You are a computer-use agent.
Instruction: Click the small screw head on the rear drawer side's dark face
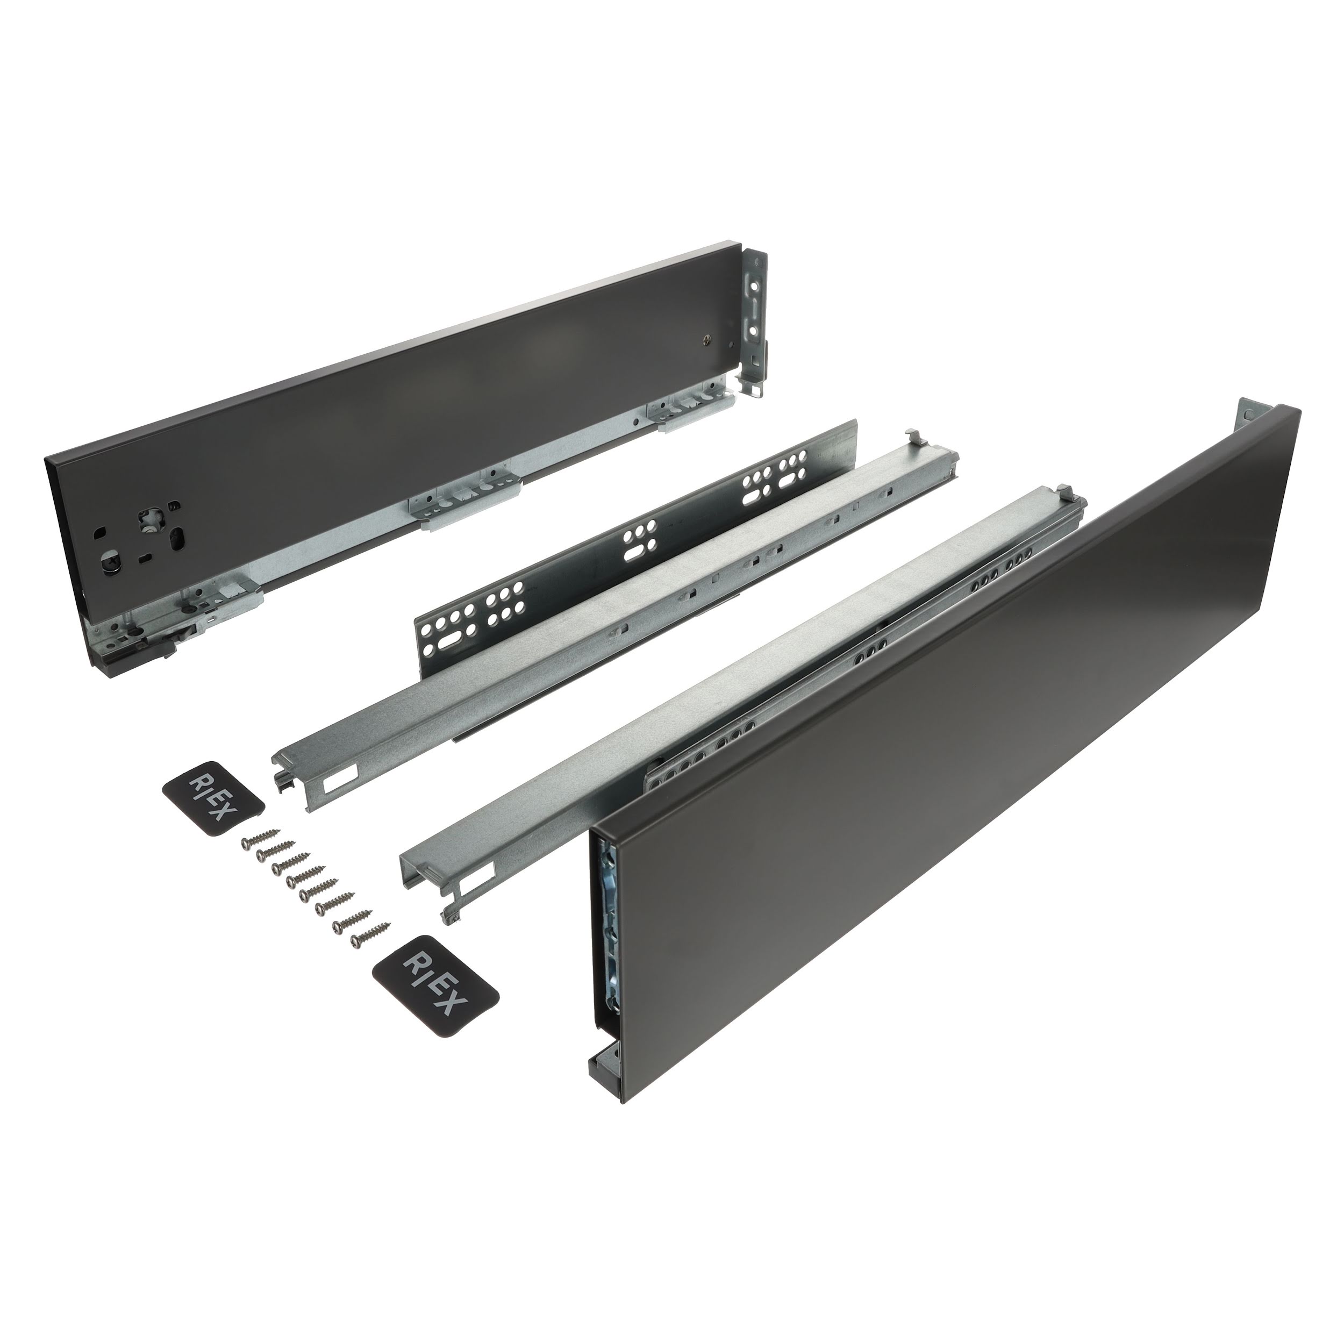point(708,340)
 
